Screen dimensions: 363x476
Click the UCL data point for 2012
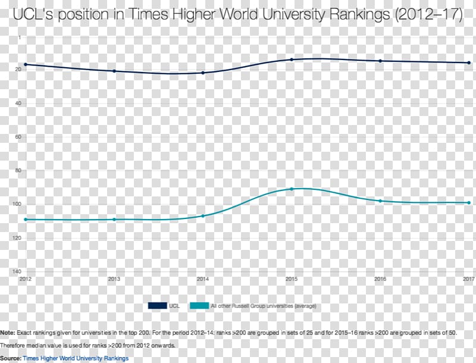(x=26, y=64)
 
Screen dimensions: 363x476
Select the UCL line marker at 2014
(x=203, y=73)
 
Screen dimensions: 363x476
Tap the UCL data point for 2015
(x=292, y=60)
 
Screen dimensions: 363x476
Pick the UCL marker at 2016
(x=380, y=61)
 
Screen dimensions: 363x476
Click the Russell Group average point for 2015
(x=292, y=189)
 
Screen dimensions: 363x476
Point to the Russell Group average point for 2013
(x=114, y=220)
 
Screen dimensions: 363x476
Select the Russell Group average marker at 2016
(x=380, y=201)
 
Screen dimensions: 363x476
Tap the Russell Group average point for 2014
(x=203, y=215)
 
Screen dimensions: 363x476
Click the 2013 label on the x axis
(x=114, y=278)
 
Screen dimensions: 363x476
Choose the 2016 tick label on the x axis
(x=380, y=278)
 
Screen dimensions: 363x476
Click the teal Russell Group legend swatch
(x=199, y=306)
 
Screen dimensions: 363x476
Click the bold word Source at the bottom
(x=10, y=358)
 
